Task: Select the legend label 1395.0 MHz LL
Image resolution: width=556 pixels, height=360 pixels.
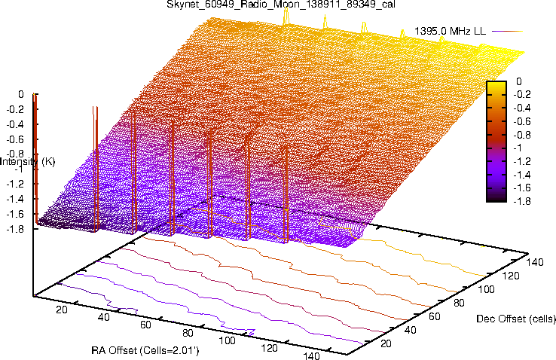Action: tap(450, 32)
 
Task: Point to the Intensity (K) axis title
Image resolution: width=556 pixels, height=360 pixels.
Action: tap(27, 162)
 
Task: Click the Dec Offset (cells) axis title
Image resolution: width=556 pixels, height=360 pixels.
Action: tap(516, 319)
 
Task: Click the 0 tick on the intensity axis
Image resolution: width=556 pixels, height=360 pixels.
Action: tap(22, 95)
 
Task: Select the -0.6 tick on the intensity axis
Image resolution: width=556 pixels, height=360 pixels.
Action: tap(17, 139)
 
